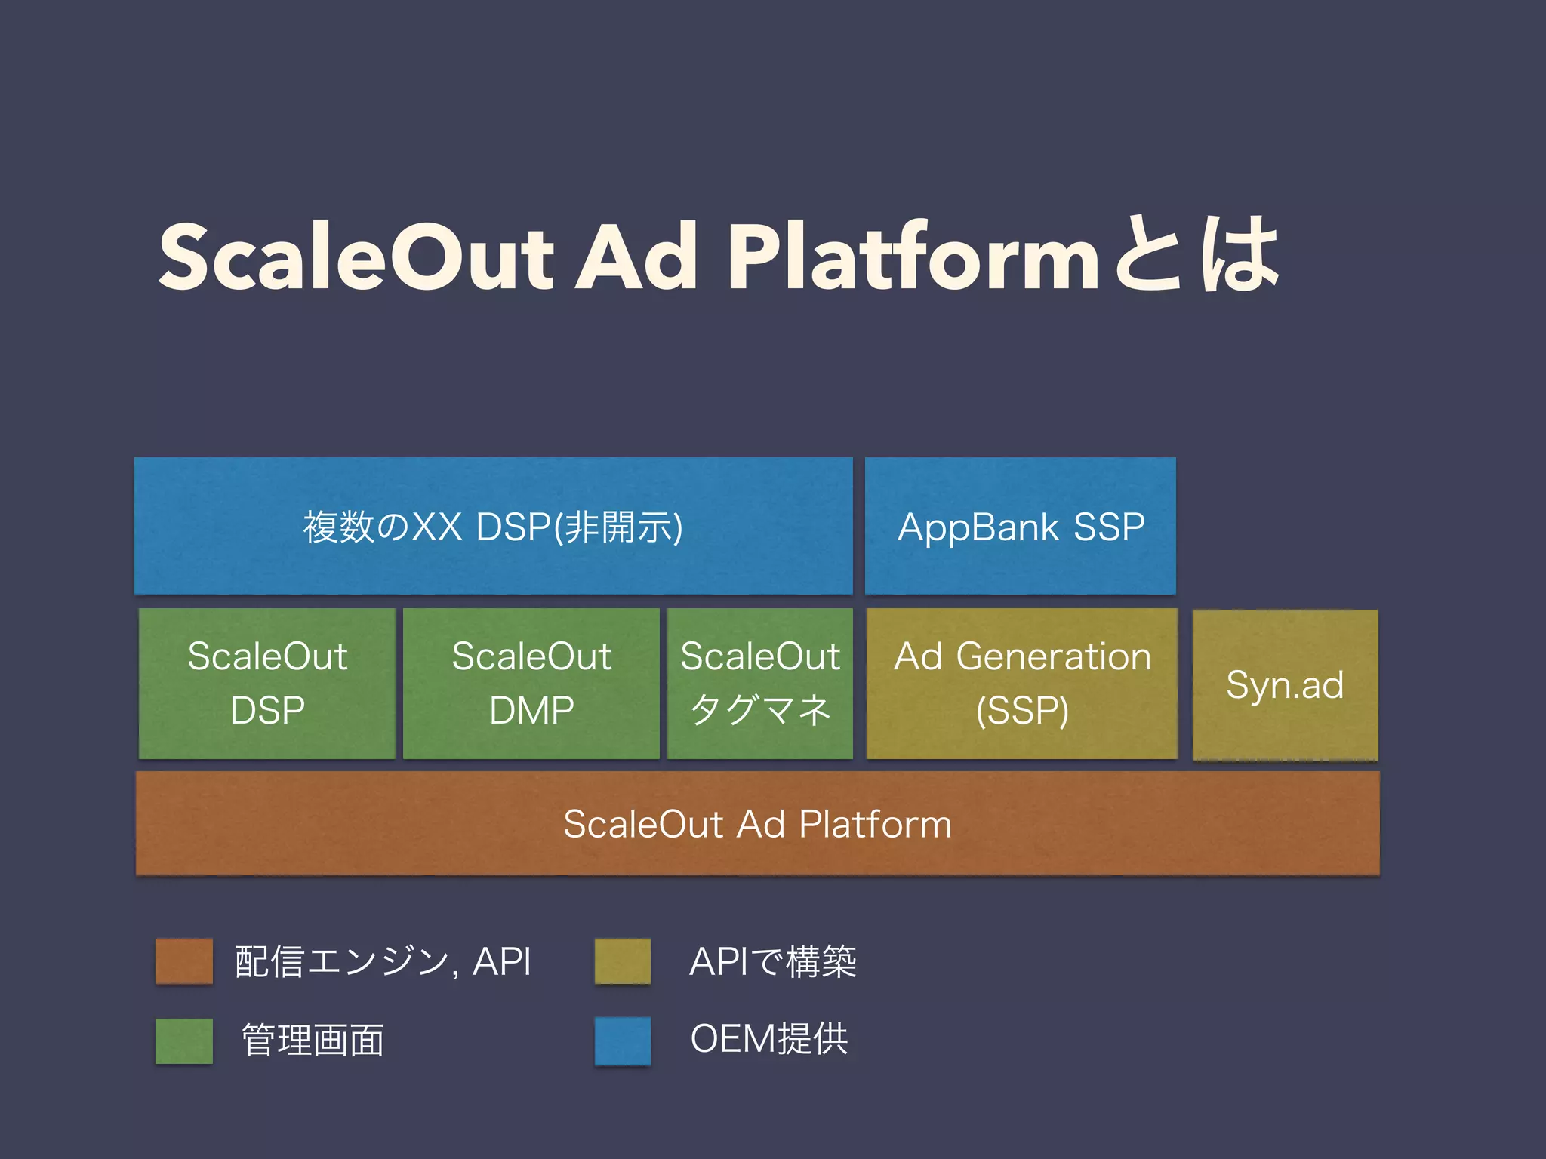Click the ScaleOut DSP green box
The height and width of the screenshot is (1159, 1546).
(x=267, y=683)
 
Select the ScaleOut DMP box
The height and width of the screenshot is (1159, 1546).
(x=531, y=683)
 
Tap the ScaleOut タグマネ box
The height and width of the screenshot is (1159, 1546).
(x=760, y=683)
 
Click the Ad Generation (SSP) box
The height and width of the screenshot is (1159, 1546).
(x=1022, y=683)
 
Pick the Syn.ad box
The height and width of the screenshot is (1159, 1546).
(x=1285, y=684)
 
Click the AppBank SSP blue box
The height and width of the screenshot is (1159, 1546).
(x=1021, y=526)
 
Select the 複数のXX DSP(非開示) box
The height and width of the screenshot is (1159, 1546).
(x=494, y=526)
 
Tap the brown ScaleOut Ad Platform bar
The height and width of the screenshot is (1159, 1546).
(x=757, y=823)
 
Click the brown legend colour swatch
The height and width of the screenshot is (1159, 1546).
(x=183, y=961)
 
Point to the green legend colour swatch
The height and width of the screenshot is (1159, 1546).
(x=183, y=1041)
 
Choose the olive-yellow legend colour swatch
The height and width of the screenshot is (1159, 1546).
(x=623, y=961)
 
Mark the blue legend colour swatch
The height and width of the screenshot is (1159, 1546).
(x=623, y=1041)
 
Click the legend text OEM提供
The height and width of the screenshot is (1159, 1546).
(x=769, y=1039)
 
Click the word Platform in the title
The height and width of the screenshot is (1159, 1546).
(x=913, y=257)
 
